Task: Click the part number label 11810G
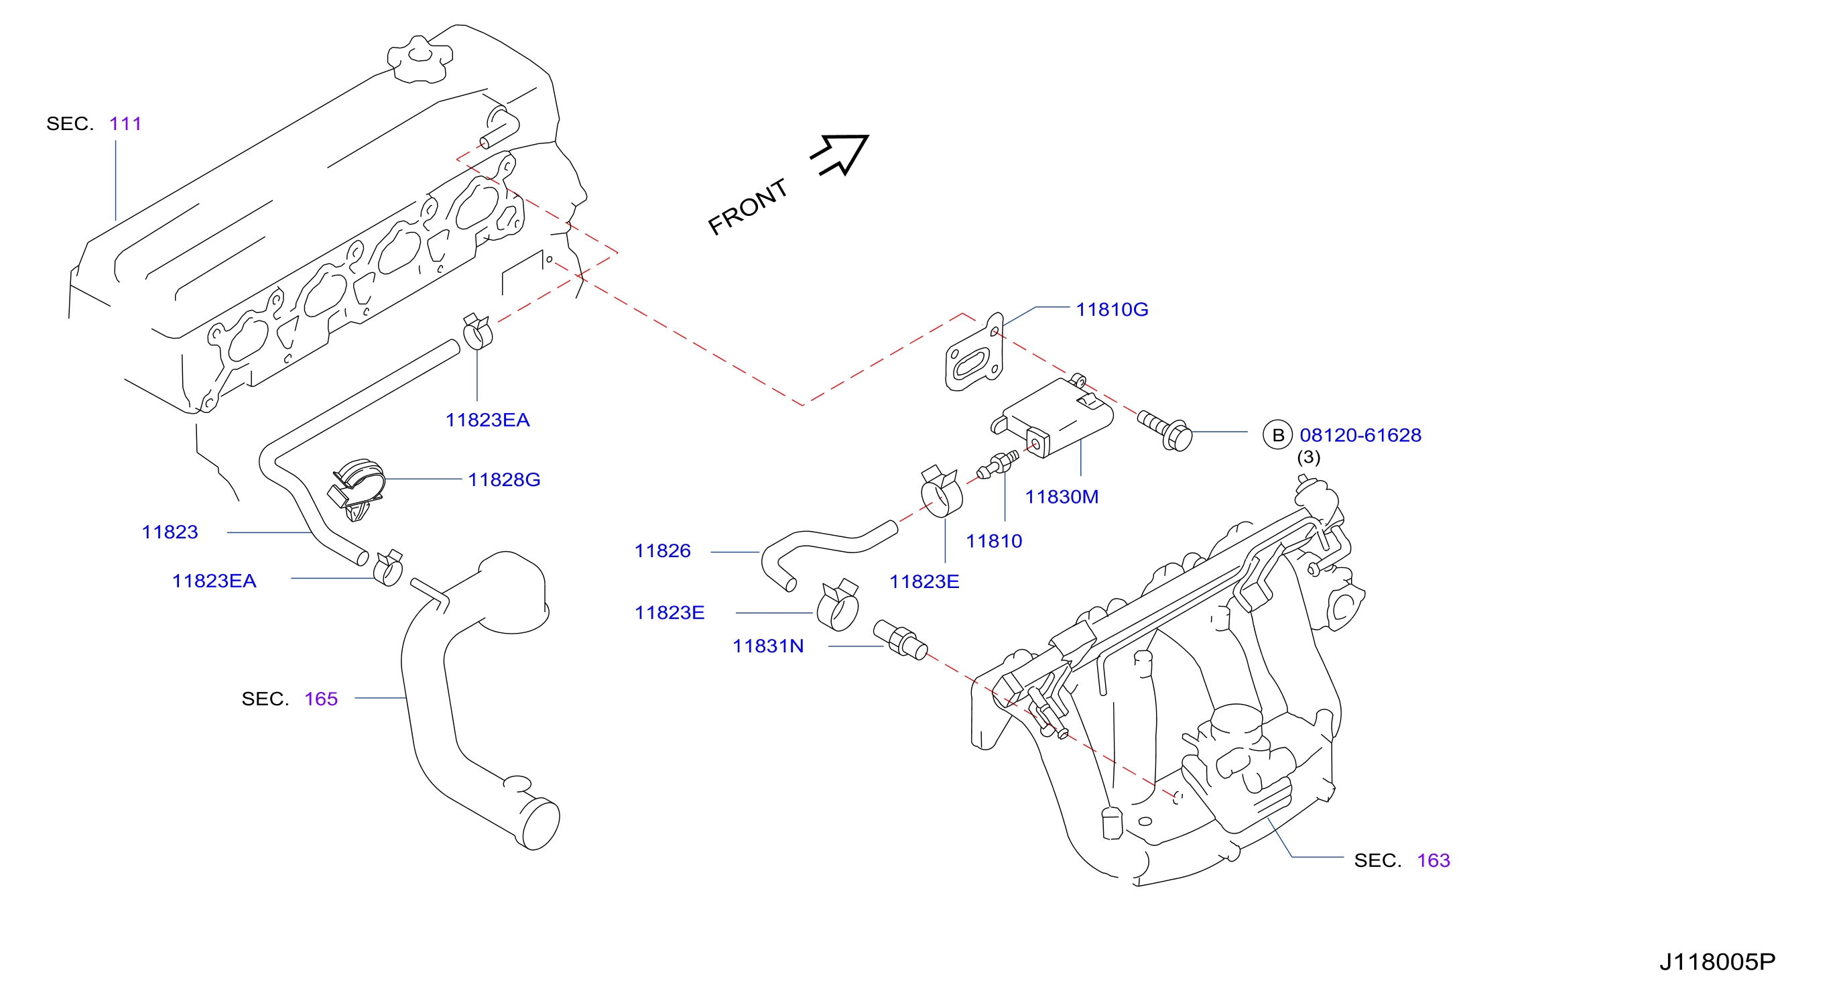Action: [x=1111, y=309]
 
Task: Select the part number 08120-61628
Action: [x=1360, y=434]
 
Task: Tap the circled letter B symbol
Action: [x=1277, y=434]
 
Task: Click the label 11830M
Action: [x=1061, y=496]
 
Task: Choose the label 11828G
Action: [x=504, y=479]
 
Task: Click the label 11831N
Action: [x=768, y=646]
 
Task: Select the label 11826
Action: [x=663, y=550]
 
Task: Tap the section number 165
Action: [x=320, y=699]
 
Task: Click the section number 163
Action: [x=1434, y=860]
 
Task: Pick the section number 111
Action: [x=125, y=123]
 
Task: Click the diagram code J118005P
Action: [x=1717, y=961]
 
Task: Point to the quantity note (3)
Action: [x=1309, y=457]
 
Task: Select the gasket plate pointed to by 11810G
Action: [x=974, y=353]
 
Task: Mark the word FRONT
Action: [x=747, y=207]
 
